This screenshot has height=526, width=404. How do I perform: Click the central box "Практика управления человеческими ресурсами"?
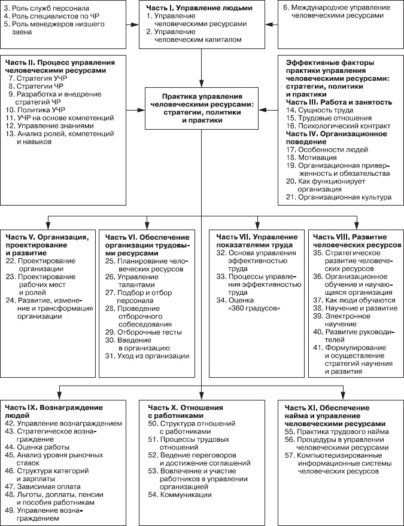click(x=201, y=108)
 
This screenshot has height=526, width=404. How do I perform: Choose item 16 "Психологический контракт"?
click(x=339, y=127)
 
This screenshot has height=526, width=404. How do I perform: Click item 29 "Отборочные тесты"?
click(x=142, y=332)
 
